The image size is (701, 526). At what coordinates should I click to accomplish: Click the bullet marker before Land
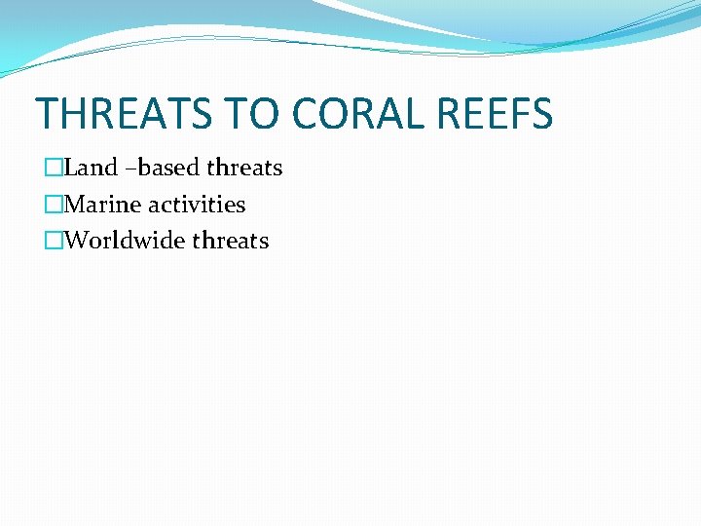[x=53, y=169]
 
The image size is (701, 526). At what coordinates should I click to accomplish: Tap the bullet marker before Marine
[x=53, y=206]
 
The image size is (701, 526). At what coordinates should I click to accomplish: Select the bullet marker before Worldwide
[x=53, y=242]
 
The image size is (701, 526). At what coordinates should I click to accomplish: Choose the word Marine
[x=102, y=205]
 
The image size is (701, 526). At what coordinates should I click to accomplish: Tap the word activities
[x=197, y=205]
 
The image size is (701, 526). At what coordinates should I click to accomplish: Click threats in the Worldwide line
[x=232, y=241]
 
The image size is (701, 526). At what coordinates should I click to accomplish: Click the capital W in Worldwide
[x=74, y=241]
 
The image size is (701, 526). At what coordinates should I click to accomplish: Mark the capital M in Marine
[x=73, y=205]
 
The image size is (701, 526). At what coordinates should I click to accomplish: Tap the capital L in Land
[x=69, y=168]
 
